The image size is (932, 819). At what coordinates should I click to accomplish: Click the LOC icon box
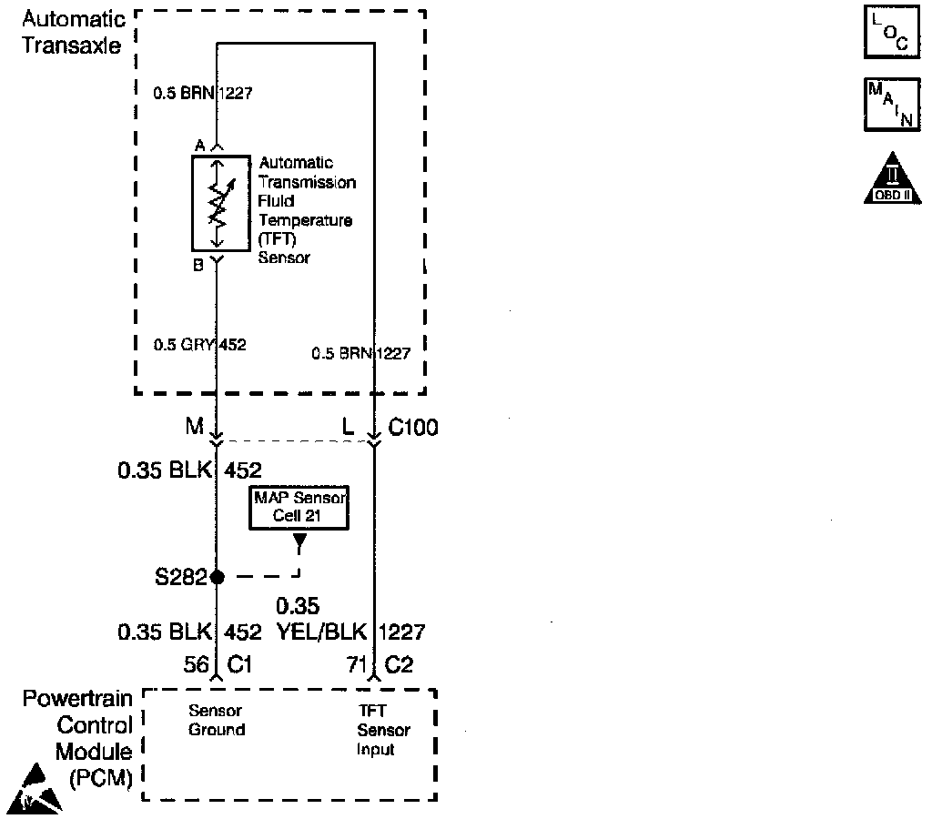(886, 33)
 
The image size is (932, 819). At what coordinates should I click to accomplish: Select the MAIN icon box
(886, 103)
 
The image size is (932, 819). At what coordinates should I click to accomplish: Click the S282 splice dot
(217, 576)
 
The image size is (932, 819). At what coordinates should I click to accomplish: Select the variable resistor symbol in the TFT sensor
(217, 202)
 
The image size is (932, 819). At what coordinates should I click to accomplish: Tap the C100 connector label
(412, 427)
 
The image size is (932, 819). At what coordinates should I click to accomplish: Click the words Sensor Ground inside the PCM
(217, 720)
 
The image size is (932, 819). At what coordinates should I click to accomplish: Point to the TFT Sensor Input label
(382, 730)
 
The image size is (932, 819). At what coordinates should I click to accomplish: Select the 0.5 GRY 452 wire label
(200, 345)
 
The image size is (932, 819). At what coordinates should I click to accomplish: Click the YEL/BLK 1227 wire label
(350, 632)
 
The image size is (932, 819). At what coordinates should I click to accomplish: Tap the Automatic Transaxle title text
(72, 32)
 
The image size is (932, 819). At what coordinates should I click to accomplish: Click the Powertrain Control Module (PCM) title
(77, 739)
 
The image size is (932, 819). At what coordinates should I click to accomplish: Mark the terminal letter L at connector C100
(348, 427)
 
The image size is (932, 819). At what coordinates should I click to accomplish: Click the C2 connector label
(399, 665)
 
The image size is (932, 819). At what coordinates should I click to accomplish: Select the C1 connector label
(238, 665)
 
